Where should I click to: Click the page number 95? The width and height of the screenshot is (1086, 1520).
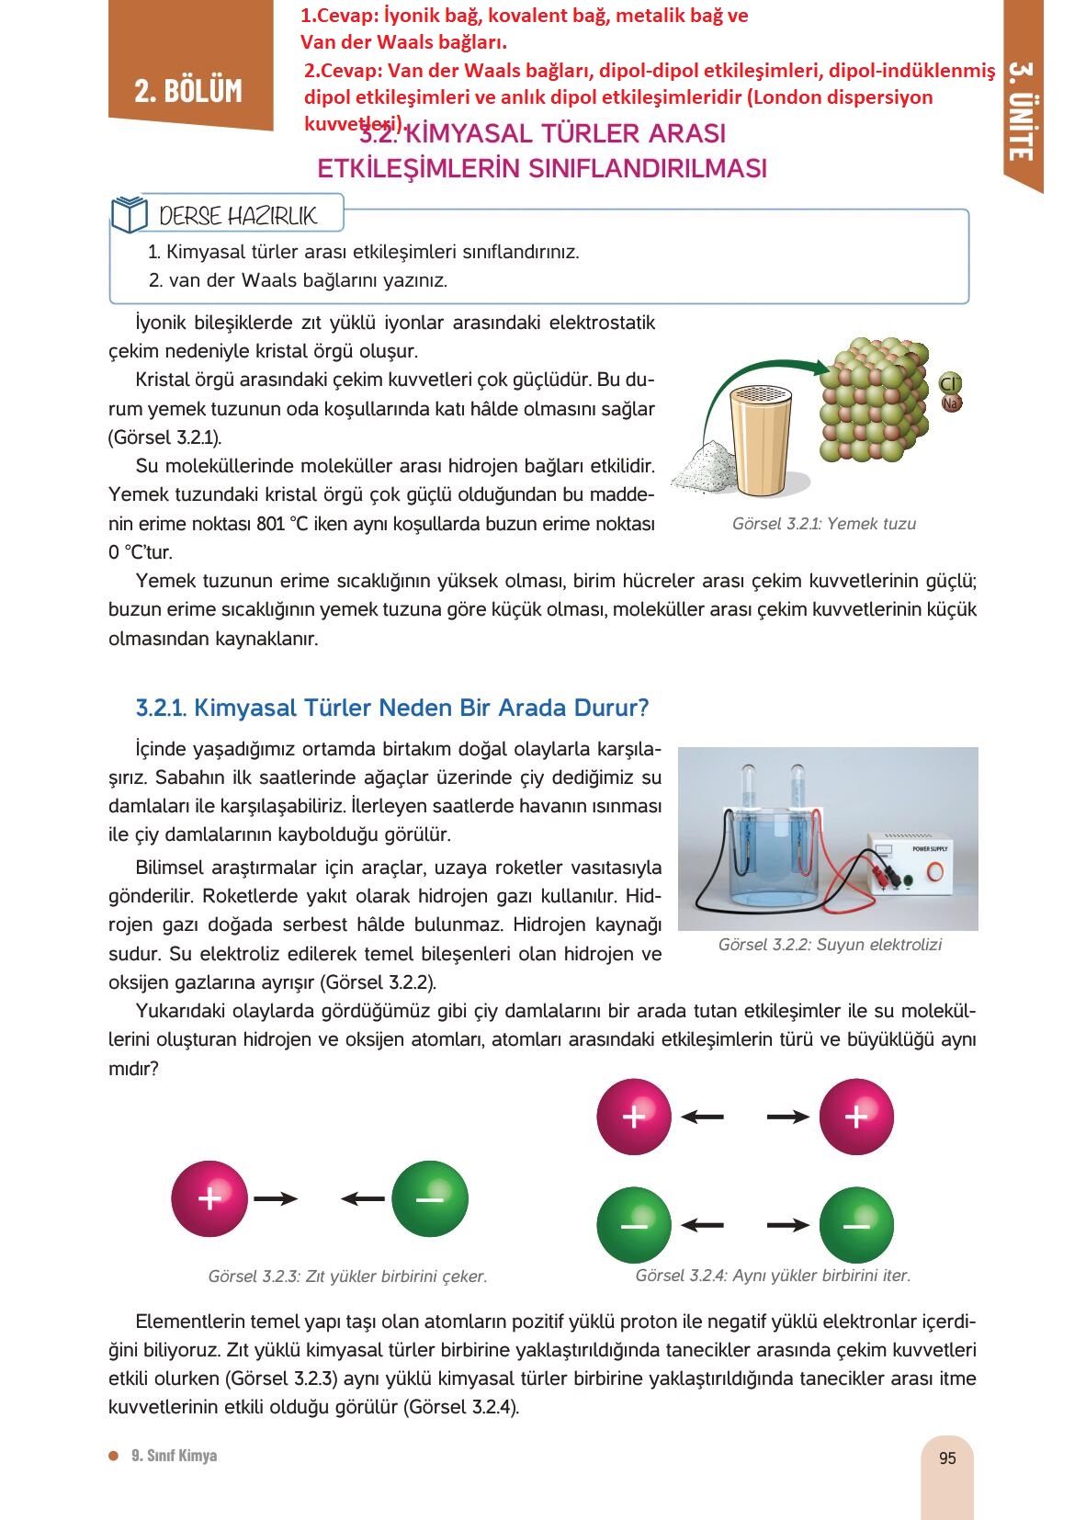point(947,1458)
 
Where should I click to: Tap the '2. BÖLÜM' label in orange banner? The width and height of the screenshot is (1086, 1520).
point(188,91)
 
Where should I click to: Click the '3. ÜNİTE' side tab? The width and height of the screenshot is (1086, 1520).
point(1020,111)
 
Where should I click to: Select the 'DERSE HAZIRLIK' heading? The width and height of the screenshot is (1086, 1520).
point(238,216)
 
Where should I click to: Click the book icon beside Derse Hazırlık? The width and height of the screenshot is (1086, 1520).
point(129,215)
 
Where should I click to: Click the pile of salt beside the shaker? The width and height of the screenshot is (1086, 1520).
point(704,466)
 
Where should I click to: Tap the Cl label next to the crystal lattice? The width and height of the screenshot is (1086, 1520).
point(950,383)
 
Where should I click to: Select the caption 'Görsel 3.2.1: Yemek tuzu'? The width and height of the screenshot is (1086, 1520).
point(823,524)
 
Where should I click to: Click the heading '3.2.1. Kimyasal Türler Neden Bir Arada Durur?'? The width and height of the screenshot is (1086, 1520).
point(392,708)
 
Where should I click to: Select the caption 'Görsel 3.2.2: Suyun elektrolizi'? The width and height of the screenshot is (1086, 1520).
point(829,945)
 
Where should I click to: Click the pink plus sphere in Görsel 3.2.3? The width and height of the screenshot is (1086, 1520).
point(209,1198)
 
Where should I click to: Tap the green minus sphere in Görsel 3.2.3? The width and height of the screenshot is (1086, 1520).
point(429,1198)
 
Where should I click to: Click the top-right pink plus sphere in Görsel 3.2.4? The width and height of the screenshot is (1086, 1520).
point(855,1117)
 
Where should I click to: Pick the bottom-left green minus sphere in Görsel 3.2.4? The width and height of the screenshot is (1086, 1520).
point(634,1225)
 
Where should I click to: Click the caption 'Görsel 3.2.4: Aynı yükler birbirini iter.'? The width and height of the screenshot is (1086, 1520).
point(773,1276)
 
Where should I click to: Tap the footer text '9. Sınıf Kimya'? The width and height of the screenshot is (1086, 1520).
point(174,1456)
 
